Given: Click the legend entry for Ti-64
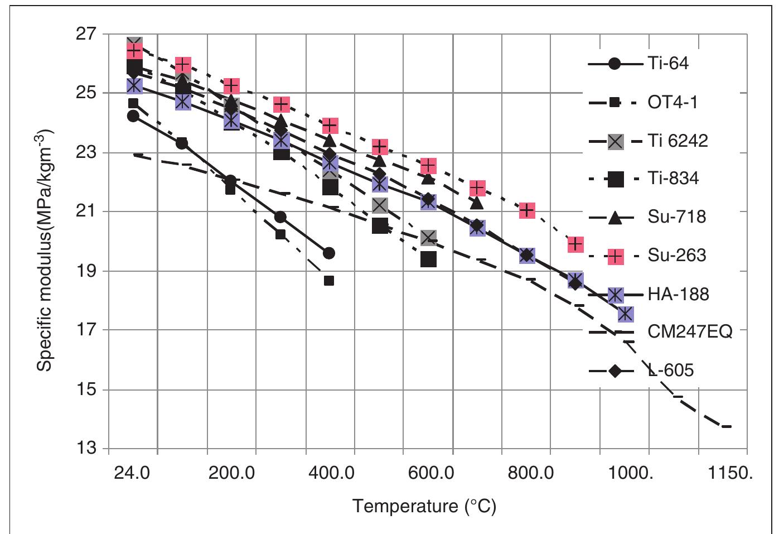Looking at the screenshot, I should coord(667,63).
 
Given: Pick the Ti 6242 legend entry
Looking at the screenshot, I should coord(677,140).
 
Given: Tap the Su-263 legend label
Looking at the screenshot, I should coord(676,256).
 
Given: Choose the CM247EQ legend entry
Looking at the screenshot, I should coord(689,333).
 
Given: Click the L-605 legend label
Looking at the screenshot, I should coord(671,371).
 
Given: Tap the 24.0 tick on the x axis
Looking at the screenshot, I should coord(133,474).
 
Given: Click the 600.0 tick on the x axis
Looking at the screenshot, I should coord(428,474).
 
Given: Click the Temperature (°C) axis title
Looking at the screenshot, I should coord(424,507).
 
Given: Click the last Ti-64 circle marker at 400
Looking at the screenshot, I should coord(329,253).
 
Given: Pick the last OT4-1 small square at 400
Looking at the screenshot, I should coord(329,281).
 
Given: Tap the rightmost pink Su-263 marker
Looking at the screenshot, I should coord(575,244).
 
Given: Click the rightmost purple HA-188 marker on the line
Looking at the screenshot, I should coord(626,314).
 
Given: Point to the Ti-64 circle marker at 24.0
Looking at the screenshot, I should coord(133,116).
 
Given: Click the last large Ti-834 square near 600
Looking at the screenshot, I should coord(428,259).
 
